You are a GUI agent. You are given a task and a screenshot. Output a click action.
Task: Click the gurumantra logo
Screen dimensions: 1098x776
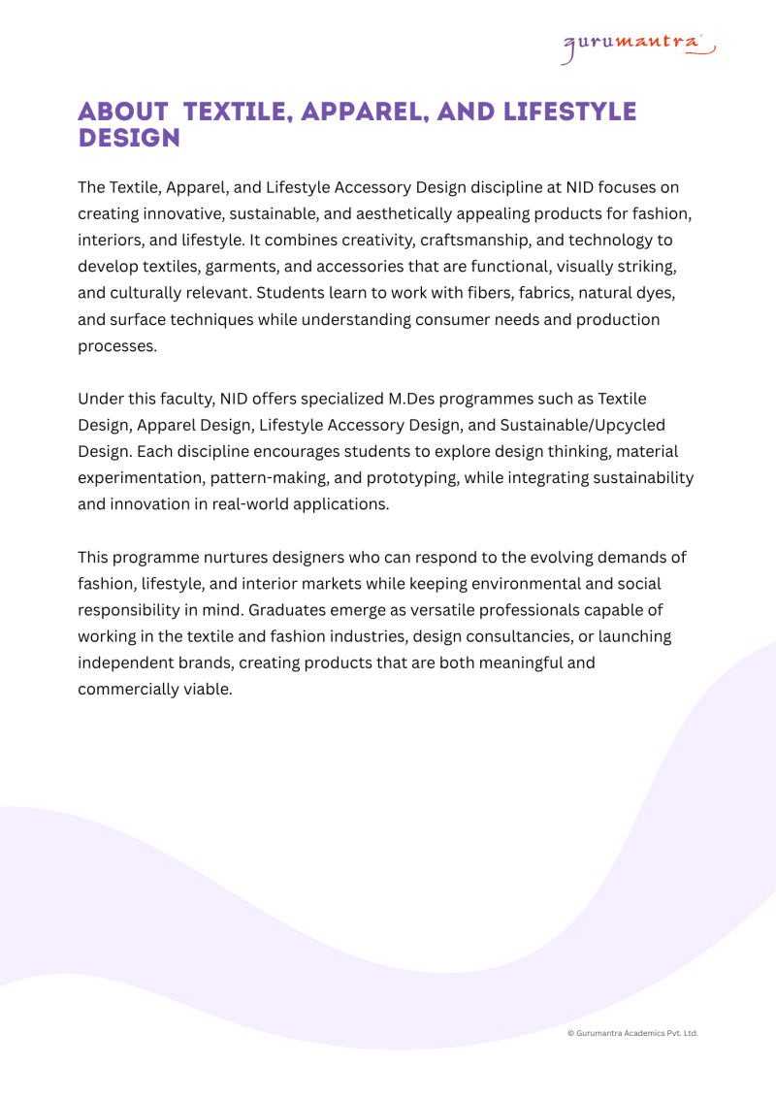click(x=638, y=46)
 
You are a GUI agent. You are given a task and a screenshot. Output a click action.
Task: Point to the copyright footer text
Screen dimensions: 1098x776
click(x=632, y=1034)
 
